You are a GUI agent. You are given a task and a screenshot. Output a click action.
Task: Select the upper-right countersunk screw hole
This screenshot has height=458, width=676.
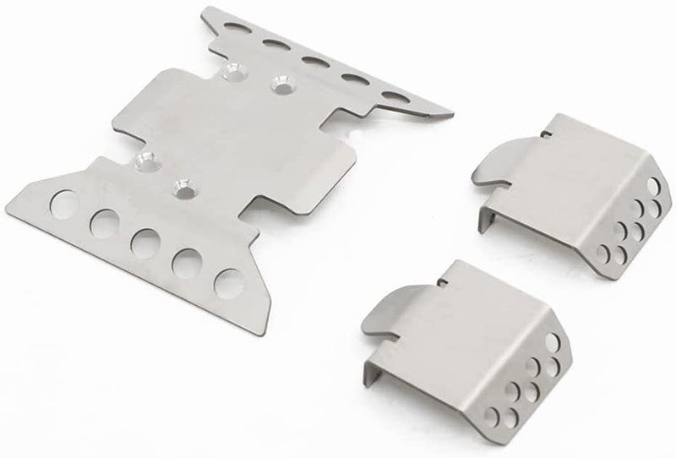[279, 85]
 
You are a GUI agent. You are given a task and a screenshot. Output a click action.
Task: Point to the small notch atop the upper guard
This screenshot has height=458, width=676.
[548, 131]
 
